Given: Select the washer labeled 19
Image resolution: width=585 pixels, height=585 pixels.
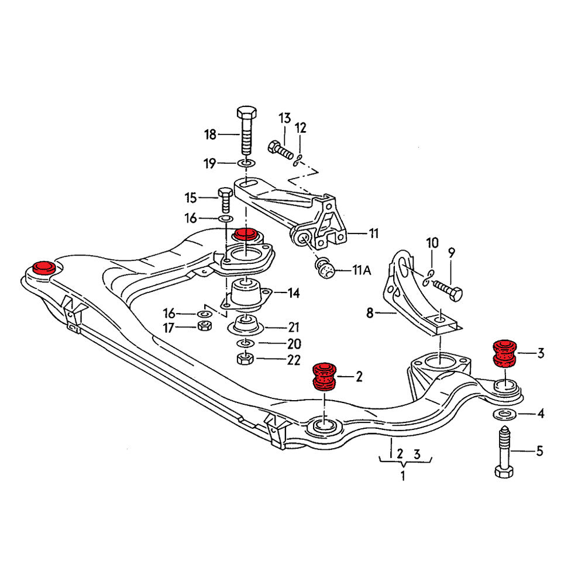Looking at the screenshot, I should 246,162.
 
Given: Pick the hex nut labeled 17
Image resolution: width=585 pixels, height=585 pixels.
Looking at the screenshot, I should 205,326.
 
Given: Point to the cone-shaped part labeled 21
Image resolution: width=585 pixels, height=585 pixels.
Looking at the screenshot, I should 246,324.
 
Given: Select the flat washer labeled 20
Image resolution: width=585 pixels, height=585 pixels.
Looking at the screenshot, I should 246,342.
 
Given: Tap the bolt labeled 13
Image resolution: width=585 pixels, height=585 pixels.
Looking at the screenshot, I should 280,150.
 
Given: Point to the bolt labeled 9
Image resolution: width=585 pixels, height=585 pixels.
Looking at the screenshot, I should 448,291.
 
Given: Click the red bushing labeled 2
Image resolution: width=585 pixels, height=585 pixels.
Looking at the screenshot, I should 323,376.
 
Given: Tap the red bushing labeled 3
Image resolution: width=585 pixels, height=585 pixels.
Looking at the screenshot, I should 504,353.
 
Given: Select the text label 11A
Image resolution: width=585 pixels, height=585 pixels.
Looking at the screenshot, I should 362,270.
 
